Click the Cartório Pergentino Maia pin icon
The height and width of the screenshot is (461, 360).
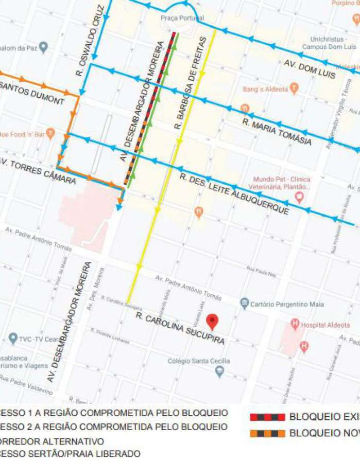[245, 304]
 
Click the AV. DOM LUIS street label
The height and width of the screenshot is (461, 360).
[310, 69]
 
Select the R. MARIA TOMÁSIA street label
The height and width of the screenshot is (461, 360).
[277, 131]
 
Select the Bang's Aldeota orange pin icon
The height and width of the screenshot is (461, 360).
[294, 89]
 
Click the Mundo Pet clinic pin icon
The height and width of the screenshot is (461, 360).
[300, 197]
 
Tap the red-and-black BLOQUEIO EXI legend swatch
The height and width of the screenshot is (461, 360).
[267, 417]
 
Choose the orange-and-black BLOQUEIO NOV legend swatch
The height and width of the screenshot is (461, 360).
[267, 433]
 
